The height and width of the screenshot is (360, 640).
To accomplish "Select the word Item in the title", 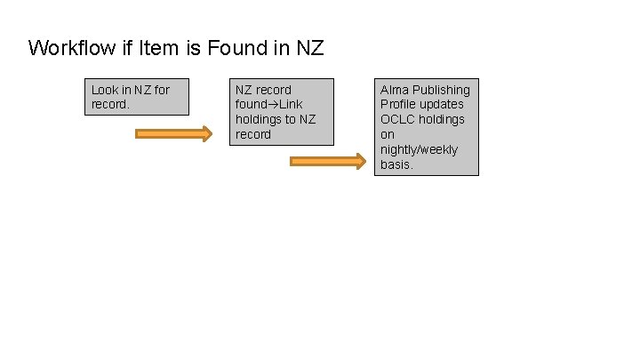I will [x=156, y=48].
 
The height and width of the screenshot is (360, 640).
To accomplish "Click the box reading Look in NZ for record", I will [x=139, y=97].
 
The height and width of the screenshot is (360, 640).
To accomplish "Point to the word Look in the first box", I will [x=104, y=90].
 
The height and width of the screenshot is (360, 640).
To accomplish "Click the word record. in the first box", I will [x=110, y=105].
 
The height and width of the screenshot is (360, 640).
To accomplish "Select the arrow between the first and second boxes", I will [x=173, y=134].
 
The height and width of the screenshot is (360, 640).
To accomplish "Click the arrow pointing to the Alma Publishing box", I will [x=328, y=162].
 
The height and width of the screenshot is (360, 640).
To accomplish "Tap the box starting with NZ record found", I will [x=283, y=112].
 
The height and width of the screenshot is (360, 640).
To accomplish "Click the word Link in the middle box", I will [x=291, y=105].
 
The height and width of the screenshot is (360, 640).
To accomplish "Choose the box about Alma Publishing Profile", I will [x=426, y=126].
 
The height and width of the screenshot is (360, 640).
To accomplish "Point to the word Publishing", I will [x=441, y=90].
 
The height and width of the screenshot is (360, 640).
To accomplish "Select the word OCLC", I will [x=396, y=120].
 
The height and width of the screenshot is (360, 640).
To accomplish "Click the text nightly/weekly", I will [x=420, y=149].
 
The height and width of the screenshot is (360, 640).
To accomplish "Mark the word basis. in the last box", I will [x=396, y=164].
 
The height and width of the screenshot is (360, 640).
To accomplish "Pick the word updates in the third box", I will [x=441, y=105].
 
